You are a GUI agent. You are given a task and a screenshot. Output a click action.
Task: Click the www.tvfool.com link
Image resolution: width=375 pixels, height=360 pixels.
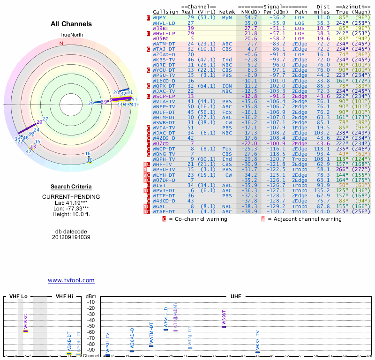tap(71, 280)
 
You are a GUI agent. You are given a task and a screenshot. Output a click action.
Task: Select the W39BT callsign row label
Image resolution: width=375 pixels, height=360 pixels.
tap(160, 28)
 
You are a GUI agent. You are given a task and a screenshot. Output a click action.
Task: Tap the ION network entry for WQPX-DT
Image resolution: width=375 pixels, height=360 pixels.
tap(227, 86)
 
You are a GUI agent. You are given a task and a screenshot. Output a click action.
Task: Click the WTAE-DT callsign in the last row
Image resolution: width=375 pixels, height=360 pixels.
tap(164, 211)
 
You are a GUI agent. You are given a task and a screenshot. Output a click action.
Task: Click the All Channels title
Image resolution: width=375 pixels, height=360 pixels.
tap(71, 24)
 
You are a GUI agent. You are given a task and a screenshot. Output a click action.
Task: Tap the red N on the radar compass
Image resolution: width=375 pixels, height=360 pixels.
tap(61, 44)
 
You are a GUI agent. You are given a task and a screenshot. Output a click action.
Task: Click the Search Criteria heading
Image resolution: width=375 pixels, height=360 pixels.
tap(71, 187)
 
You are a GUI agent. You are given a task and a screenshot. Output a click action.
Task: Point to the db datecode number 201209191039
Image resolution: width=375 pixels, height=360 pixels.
tap(71, 237)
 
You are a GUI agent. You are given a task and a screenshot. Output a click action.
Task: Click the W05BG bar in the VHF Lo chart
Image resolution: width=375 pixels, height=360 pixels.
tap(26, 330)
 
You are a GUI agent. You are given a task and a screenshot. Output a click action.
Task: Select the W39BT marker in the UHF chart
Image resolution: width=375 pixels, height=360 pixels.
tap(224, 326)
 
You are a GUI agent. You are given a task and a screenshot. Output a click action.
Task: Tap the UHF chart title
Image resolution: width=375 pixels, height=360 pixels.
tap(236, 297)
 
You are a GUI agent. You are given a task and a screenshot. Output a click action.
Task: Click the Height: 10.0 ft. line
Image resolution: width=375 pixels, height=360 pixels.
tap(71, 214)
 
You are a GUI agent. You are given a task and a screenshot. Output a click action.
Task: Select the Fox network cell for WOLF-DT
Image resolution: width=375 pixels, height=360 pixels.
tap(227, 112)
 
